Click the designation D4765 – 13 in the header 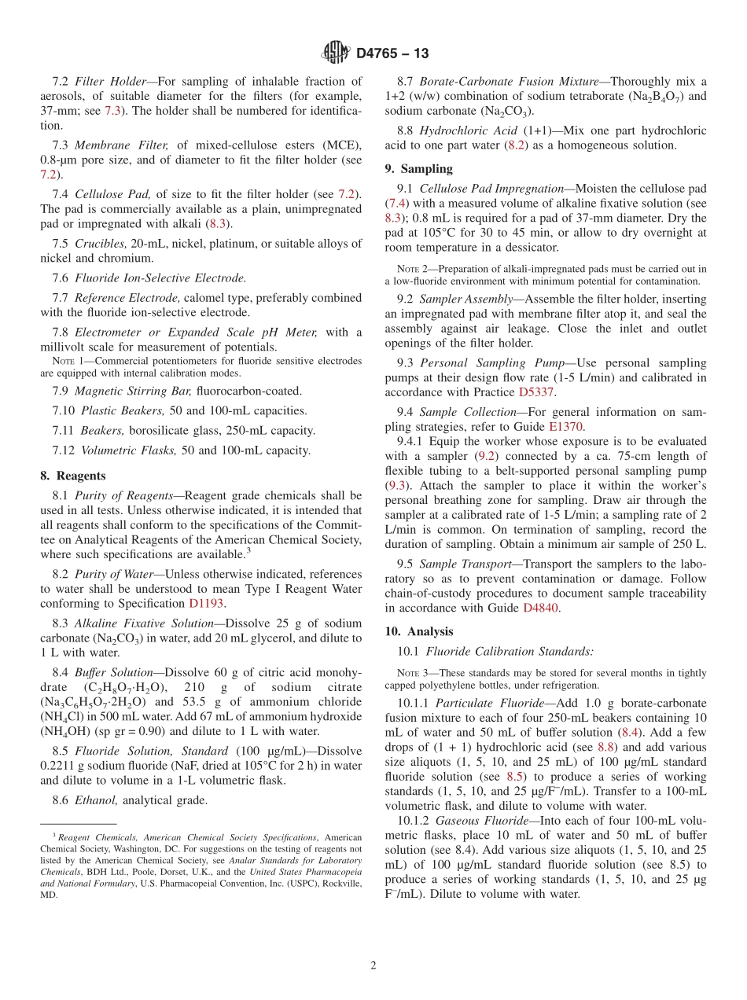392,53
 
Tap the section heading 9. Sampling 418,168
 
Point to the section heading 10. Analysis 419,631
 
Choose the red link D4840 540,608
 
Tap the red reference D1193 206,603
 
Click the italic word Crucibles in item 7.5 101,244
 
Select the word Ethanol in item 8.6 98,800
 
